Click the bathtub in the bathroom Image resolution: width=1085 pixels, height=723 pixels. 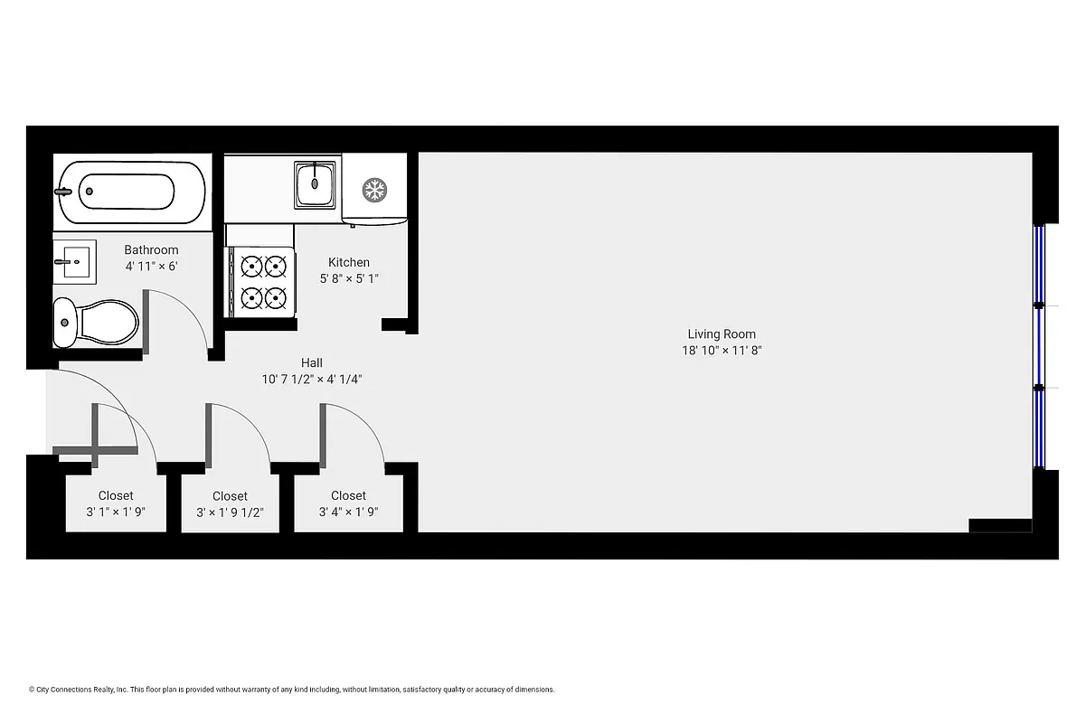[x=130, y=192]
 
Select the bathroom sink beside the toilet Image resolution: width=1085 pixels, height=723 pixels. [x=74, y=262]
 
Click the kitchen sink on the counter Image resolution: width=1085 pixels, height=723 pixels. [x=316, y=185]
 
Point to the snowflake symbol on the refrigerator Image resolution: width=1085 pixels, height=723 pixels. [x=373, y=190]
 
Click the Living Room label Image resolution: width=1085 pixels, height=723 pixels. [x=722, y=334]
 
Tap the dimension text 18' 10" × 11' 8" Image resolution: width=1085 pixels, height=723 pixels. [x=722, y=351]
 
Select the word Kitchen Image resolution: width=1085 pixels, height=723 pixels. [x=349, y=263]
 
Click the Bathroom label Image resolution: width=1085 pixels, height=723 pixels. [x=151, y=250]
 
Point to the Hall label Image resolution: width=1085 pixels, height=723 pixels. [x=312, y=363]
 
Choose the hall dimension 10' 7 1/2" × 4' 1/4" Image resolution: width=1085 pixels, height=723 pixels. [x=312, y=380]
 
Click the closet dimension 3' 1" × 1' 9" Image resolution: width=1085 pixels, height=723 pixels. [x=116, y=512]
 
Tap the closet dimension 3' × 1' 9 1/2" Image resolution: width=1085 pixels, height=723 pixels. [x=230, y=512]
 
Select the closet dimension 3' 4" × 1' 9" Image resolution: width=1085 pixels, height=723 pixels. [x=348, y=512]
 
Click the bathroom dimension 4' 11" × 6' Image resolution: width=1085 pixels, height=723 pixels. [x=151, y=267]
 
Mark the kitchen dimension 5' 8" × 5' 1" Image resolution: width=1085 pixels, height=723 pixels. [x=349, y=279]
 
